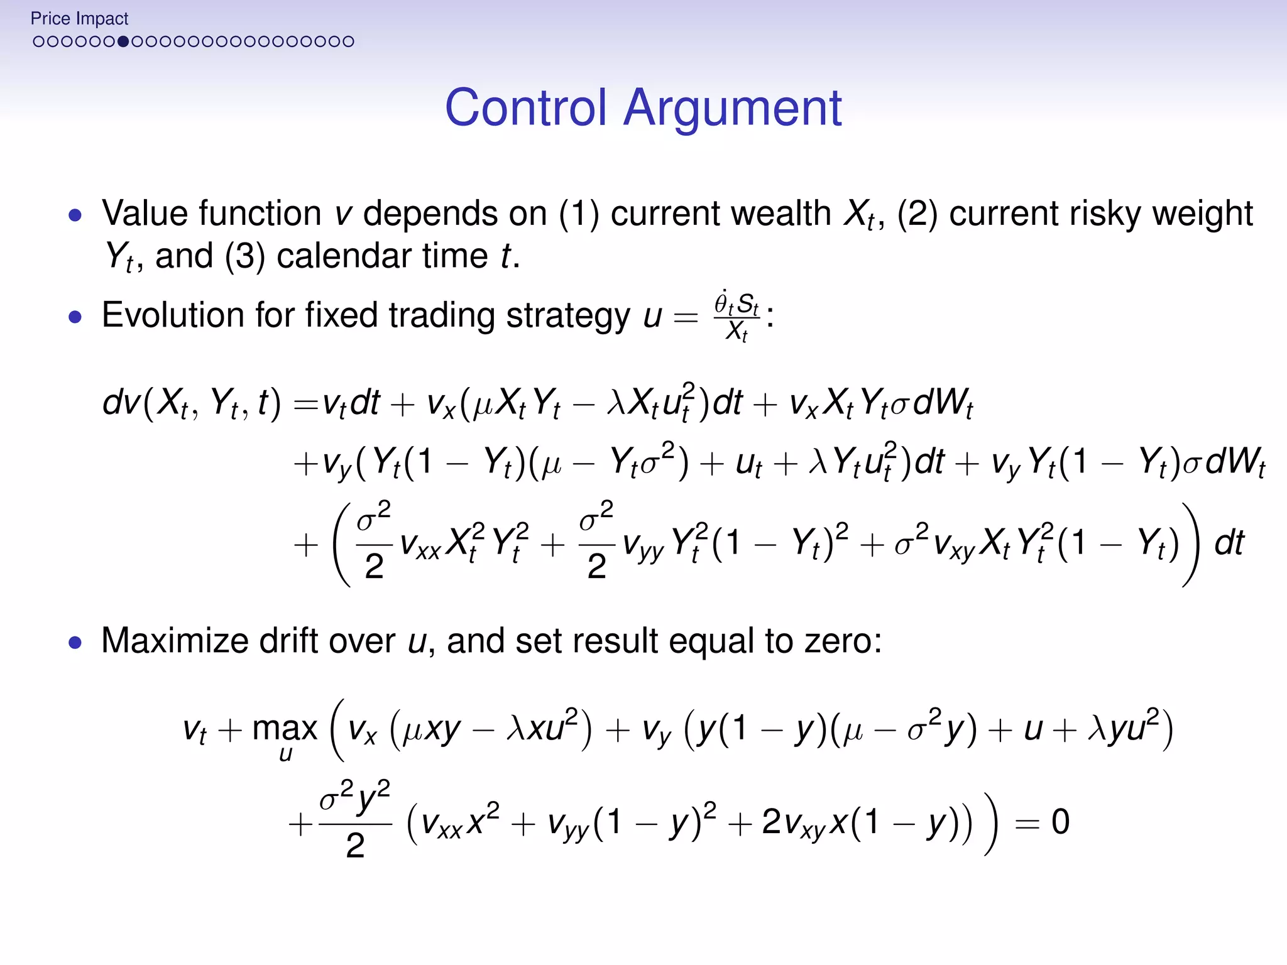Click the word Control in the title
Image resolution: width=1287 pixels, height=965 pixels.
526,108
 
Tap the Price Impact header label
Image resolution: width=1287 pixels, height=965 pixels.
79,19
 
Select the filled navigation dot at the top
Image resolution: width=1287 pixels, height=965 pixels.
123,41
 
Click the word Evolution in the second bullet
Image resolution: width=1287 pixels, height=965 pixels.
173,315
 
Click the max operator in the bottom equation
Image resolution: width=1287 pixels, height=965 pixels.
285,729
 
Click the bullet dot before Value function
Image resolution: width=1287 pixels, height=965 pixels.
75,215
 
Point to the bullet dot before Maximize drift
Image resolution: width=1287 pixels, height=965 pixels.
75,642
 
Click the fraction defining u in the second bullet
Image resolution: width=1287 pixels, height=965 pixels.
736,316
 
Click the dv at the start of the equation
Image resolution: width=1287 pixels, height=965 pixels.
121,402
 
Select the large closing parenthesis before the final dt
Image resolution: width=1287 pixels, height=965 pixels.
1190,544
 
